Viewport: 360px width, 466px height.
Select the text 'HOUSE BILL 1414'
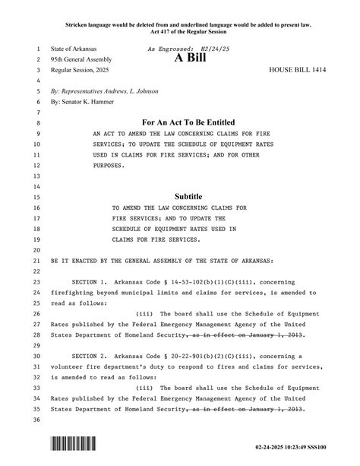(297, 69)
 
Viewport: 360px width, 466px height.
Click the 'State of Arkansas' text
(74, 48)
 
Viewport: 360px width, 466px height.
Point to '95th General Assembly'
(81, 59)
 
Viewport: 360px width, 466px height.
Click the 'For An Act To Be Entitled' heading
(188, 122)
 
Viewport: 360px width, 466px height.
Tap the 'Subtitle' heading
(188, 195)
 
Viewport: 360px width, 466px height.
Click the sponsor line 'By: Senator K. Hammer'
(83, 100)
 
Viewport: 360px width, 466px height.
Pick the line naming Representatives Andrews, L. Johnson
(104, 90)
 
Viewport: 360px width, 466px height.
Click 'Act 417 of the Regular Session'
(188, 32)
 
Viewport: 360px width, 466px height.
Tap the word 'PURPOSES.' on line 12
(109, 164)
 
